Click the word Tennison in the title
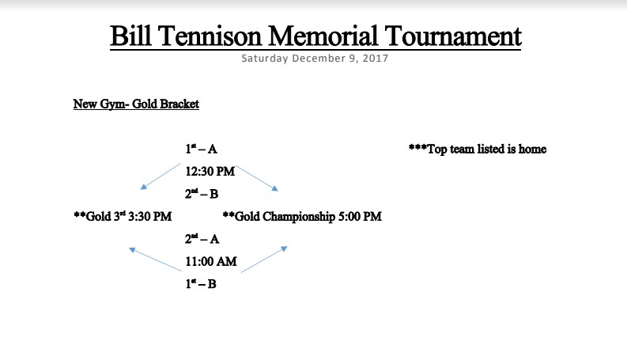click(x=210, y=36)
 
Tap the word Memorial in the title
click(x=323, y=36)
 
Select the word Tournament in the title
click(x=453, y=36)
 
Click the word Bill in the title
click(x=130, y=36)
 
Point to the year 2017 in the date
click(x=375, y=59)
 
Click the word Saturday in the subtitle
click(x=265, y=59)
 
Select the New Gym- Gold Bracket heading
click(x=136, y=104)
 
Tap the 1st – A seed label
click(x=201, y=150)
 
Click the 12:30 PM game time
click(x=210, y=172)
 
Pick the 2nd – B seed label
click(x=202, y=194)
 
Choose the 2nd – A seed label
click(x=202, y=239)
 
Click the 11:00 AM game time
click(x=211, y=262)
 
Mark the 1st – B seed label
click(x=200, y=284)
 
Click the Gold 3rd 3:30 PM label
click(x=123, y=217)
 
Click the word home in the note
click(x=532, y=150)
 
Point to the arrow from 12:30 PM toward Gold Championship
click(x=257, y=178)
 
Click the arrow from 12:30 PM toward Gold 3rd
click(x=161, y=176)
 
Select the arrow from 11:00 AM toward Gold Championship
click(x=264, y=260)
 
